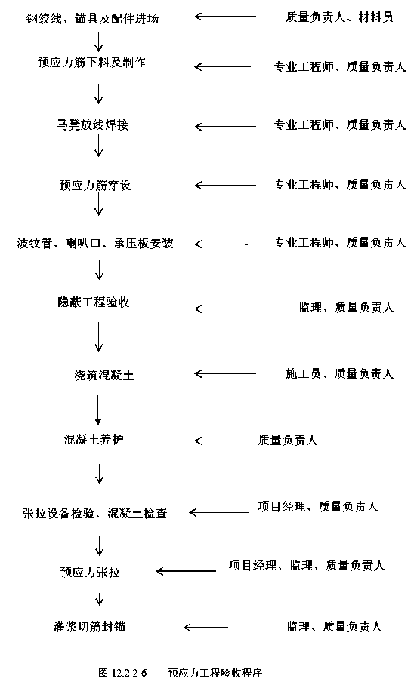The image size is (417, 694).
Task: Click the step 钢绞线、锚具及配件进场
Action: tap(92, 18)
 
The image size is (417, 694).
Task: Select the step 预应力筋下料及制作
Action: tap(91, 63)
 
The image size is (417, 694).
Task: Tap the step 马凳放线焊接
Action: tap(93, 124)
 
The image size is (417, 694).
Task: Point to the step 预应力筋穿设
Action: tap(95, 185)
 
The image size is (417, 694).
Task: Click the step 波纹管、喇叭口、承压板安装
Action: tap(95, 243)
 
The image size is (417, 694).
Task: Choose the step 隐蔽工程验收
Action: tap(94, 302)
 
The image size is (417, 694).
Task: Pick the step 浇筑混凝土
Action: tap(103, 376)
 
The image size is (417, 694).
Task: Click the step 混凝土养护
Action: tap(94, 439)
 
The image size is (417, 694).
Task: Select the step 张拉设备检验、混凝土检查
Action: tap(95, 513)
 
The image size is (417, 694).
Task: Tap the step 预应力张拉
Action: tap(90, 572)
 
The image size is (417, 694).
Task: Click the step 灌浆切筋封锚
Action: tap(89, 627)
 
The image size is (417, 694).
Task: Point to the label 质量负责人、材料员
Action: tap(339, 17)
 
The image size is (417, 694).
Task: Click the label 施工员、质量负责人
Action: tap(339, 374)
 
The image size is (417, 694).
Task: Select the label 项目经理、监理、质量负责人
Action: tap(307, 565)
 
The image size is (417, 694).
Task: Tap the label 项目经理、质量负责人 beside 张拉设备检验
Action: tap(318, 506)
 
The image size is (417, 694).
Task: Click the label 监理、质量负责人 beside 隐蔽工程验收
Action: tap(346, 307)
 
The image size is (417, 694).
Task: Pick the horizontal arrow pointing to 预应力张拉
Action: tap(186, 571)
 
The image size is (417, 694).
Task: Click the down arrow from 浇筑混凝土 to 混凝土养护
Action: tap(98, 410)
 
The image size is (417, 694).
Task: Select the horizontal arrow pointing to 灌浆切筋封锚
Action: tap(205, 627)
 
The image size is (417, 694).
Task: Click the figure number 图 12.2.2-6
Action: tap(122, 673)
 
